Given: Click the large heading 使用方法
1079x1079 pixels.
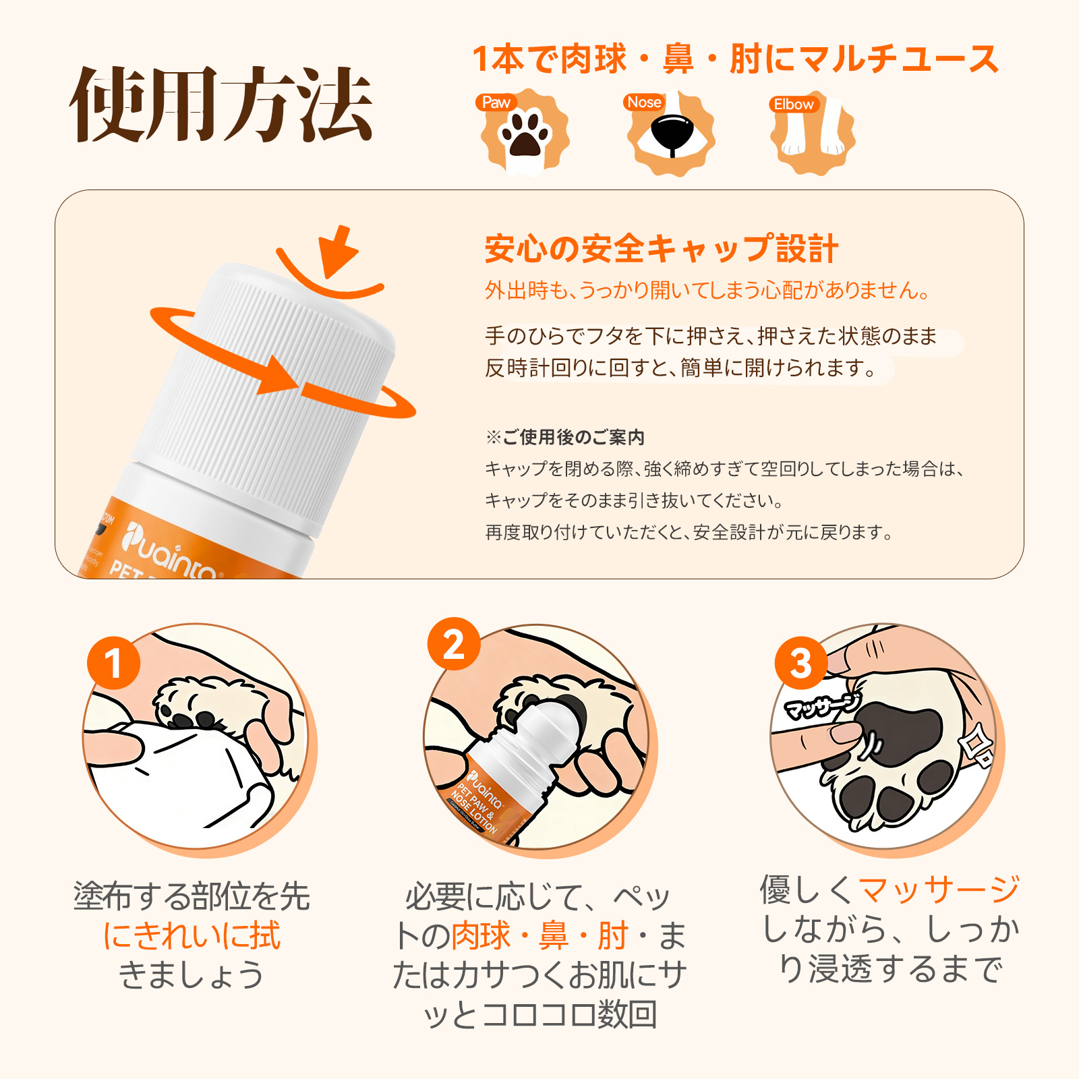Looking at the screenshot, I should point(221,105).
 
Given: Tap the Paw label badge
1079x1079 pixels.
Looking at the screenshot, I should point(496,103).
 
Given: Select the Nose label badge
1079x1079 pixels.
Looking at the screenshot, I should point(644,103).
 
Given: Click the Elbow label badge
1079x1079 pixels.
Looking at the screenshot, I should point(794,105).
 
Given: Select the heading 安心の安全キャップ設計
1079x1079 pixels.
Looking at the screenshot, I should point(661,249).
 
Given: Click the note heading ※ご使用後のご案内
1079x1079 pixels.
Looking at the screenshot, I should point(565,437).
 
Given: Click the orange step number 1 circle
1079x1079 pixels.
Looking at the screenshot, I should point(113,663).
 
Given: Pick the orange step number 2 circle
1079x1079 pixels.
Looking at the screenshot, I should point(454,644).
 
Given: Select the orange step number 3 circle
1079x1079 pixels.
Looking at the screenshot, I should point(800,663).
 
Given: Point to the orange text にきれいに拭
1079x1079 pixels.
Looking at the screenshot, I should point(192,935).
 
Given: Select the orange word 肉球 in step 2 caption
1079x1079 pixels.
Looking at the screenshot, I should point(480,935).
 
